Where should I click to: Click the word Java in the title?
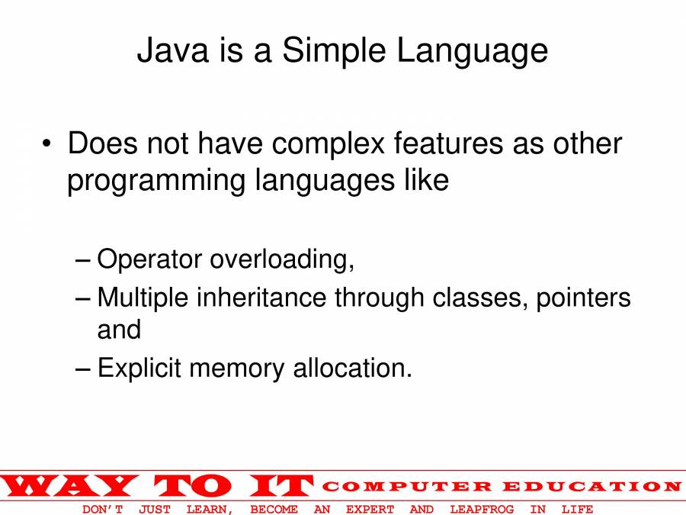pos(173,50)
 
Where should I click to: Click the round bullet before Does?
pos(46,143)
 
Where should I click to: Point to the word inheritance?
pos(261,298)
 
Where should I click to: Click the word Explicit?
pos(139,369)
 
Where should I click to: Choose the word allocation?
pos(353,368)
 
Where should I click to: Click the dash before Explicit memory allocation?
pos(82,369)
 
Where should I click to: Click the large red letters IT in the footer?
pos(282,486)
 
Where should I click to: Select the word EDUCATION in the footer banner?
pos(592,486)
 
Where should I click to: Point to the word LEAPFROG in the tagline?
pos(482,510)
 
